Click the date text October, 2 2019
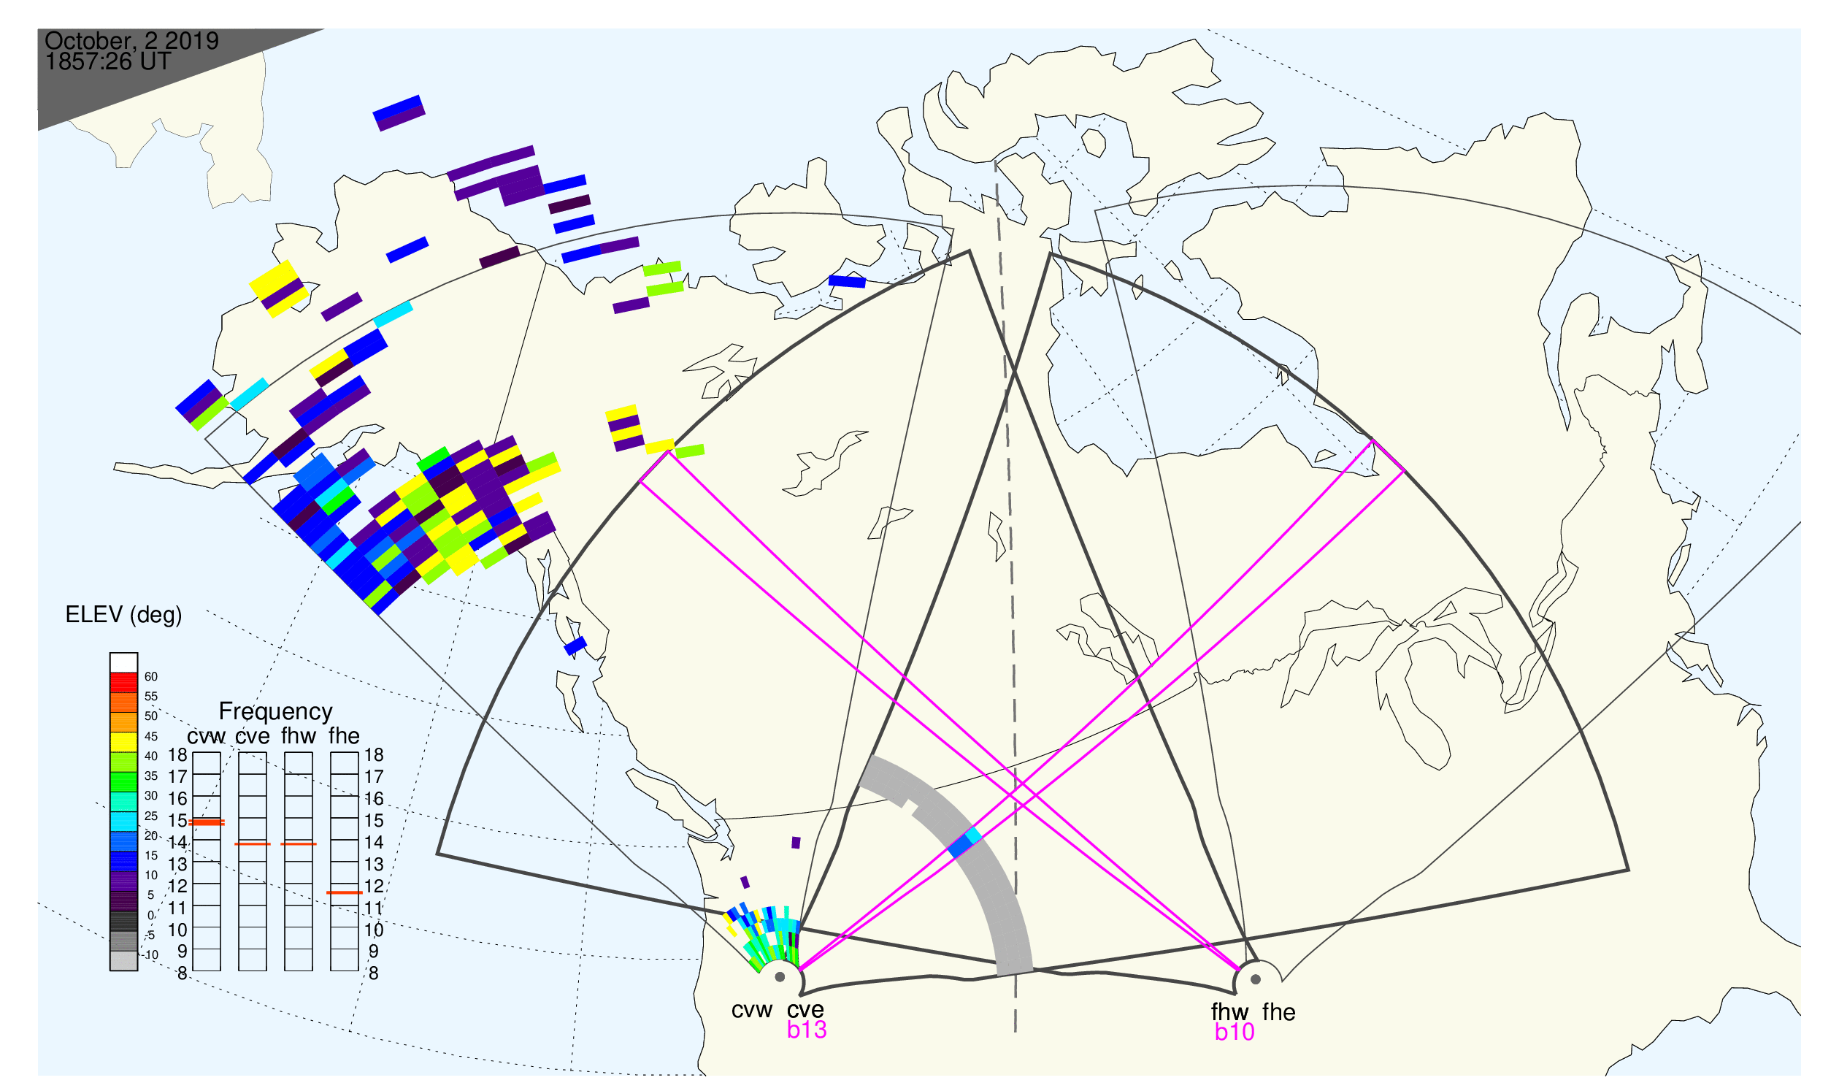point(131,41)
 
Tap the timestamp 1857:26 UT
point(108,62)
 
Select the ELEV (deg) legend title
point(123,616)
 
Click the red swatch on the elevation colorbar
point(123,683)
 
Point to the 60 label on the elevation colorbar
point(150,677)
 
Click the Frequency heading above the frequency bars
point(276,712)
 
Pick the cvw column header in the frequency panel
point(207,737)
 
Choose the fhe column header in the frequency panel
point(344,736)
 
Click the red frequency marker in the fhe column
point(344,893)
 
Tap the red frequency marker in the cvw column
point(207,823)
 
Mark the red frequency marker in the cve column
point(252,845)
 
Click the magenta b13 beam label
point(807,1030)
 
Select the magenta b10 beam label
point(1235,1033)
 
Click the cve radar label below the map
point(805,1011)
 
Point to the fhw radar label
point(1229,1012)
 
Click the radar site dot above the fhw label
point(1256,980)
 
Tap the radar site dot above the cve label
point(780,978)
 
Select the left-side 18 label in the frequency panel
point(178,755)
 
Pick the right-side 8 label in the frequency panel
point(373,974)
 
